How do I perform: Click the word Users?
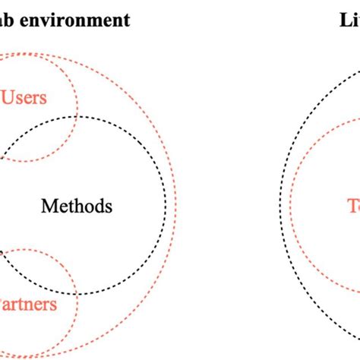(25, 97)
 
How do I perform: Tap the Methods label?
(76, 206)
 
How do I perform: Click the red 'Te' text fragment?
(353, 206)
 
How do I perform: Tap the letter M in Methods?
(48, 206)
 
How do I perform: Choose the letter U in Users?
(9, 97)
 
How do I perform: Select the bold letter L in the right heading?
(343, 20)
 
